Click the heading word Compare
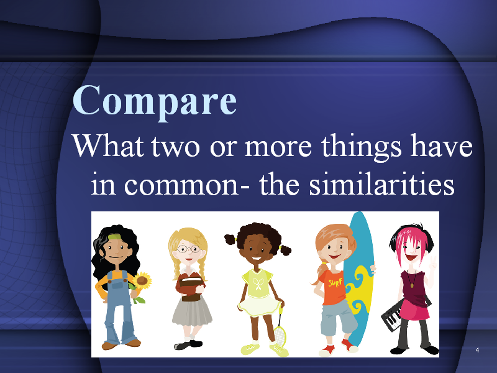(155, 101)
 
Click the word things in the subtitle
(362, 147)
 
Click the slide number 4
(477, 350)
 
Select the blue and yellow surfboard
(358, 279)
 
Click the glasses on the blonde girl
(188, 249)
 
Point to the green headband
(115, 237)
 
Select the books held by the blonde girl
(191, 287)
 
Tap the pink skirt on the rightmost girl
(414, 309)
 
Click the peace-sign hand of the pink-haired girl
(432, 263)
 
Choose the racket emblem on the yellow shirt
(257, 283)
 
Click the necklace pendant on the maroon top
(412, 285)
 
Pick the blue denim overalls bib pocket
(117, 284)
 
